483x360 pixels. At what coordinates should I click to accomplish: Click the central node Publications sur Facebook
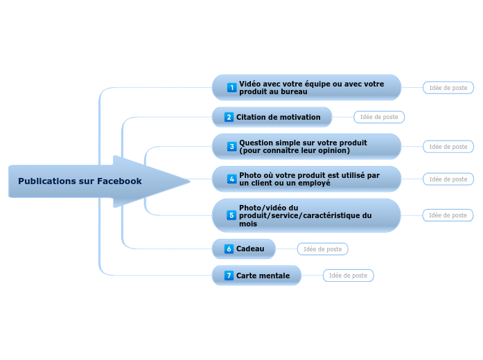point(80,181)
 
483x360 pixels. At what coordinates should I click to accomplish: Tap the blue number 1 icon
point(231,88)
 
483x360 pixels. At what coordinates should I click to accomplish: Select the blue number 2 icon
point(229,117)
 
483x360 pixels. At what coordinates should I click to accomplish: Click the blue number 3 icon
point(231,147)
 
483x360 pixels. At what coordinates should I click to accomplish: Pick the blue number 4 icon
point(231,179)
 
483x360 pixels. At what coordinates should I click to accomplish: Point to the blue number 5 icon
point(231,215)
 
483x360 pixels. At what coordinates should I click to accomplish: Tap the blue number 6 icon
point(229,249)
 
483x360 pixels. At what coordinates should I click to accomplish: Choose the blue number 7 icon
point(229,276)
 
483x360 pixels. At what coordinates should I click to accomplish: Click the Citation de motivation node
point(278,117)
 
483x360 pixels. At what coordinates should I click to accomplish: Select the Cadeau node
point(250,249)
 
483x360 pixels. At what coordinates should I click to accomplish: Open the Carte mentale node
point(263,276)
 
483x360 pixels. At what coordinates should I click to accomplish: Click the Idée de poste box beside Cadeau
point(322,249)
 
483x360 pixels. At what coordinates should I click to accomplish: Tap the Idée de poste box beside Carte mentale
point(348,276)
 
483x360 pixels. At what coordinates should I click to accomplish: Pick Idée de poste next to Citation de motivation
point(378,117)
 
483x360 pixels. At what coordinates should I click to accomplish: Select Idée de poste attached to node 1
point(448,88)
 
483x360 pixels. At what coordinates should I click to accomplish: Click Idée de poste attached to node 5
point(448,215)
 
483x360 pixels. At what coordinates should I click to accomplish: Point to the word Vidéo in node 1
point(251,84)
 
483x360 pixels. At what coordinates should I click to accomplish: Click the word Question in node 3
point(258,143)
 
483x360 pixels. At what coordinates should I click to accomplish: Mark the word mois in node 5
point(248,224)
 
